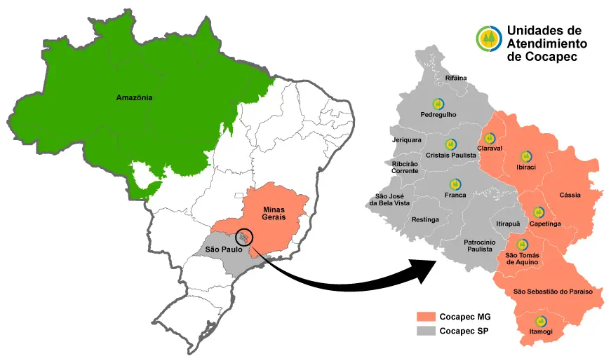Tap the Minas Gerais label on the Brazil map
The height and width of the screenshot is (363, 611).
point(274,214)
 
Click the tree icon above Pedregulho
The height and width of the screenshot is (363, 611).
point(438,104)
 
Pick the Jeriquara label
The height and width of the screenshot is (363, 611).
point(406,139)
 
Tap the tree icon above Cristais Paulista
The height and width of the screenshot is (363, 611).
point(450,144)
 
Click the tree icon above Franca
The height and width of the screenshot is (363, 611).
point(455,184)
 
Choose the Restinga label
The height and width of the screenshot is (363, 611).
point(425,219)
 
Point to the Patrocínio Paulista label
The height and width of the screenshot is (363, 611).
point(480,245)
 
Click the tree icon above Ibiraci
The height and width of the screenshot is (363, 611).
point(525,157)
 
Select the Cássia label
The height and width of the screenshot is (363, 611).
point(570,195)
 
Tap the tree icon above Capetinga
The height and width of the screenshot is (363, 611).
point(538,212)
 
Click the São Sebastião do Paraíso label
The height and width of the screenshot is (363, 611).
point(553,291)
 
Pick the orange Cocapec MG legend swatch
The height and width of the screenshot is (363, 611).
point(425,316)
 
